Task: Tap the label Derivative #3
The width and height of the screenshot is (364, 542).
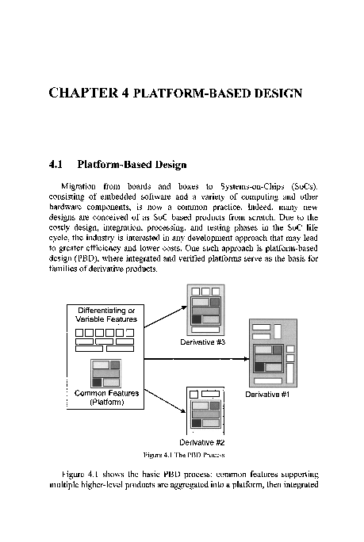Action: click(205, 342)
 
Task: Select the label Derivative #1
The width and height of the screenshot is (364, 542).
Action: click(268, 393)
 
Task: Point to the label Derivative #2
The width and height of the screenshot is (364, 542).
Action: click(202, 442)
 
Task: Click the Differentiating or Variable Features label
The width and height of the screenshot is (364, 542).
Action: click(105, 314)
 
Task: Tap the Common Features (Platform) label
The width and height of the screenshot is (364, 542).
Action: click(105, 397)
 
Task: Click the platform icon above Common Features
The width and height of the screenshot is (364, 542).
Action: click(105, 372)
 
